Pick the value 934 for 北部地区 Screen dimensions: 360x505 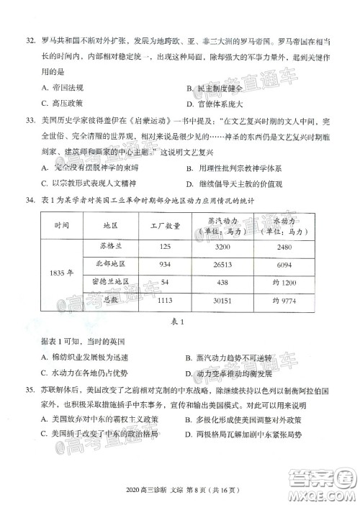156,264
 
